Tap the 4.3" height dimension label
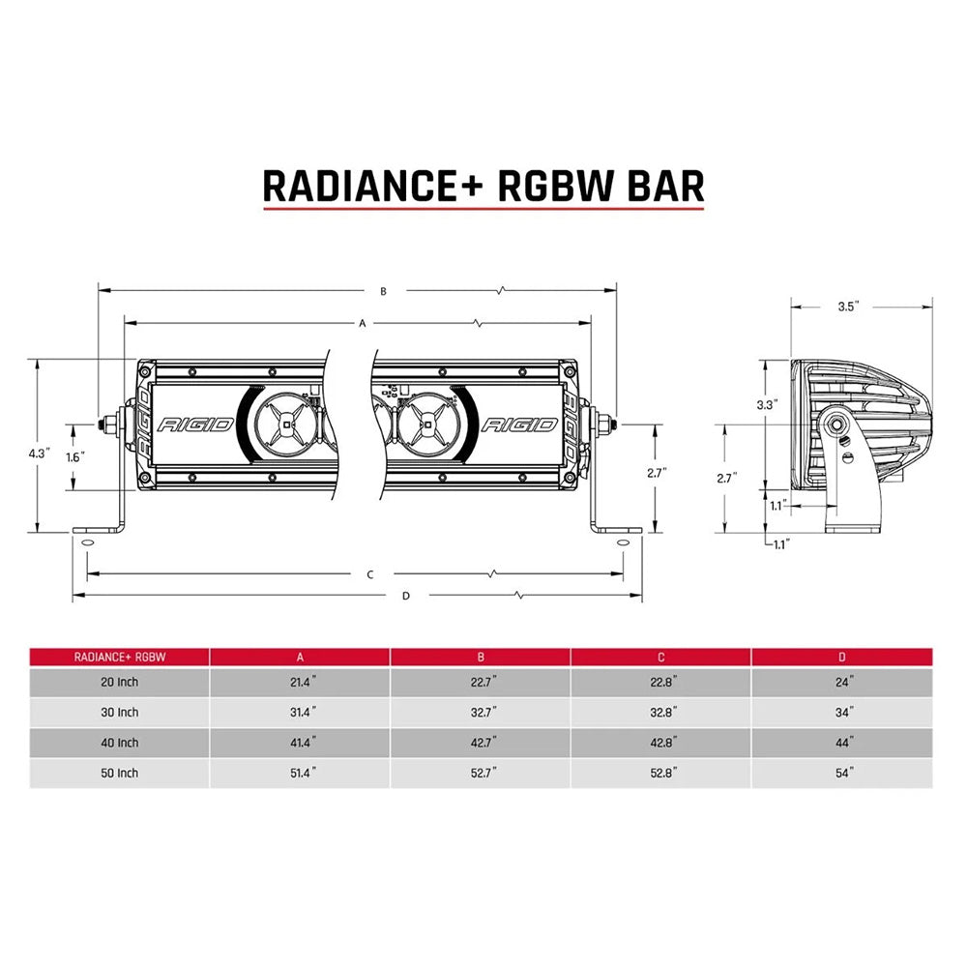[x=39, y=453]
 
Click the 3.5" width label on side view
[x=848, y=306]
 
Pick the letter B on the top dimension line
[x=383, y=290]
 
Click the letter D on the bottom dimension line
[x=406, y=596]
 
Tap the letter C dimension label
[x=370, y=574]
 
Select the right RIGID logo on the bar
[x=519, y=425]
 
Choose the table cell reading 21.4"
[x=300, y=682]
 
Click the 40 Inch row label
[x=120, y=743]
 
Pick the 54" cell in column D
[x=845, y=773]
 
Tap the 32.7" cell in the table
[x=481, y=713]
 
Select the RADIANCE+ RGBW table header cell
[x=120, y=657]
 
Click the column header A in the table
[x=300, y=657]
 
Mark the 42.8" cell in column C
[x=661, y=743]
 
